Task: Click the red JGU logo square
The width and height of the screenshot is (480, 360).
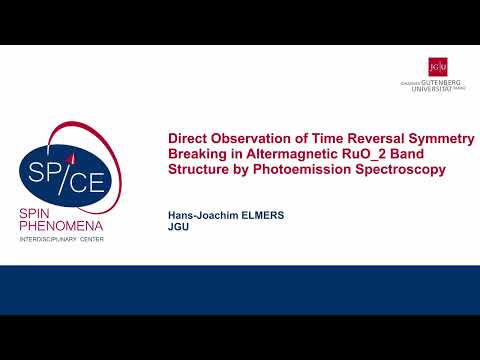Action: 437,66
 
